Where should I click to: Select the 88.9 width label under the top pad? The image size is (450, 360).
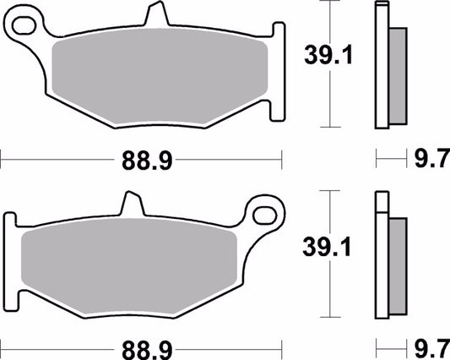[x=141, y=158]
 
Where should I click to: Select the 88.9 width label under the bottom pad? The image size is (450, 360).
[x=141, y=347]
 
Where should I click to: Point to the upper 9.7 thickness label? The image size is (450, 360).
[x=429, y=158]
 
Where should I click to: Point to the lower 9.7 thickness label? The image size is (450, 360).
[x=429, y=347]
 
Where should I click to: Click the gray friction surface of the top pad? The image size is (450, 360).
[x=160, y=79]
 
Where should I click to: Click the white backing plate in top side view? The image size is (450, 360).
[x=382, y=68]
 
